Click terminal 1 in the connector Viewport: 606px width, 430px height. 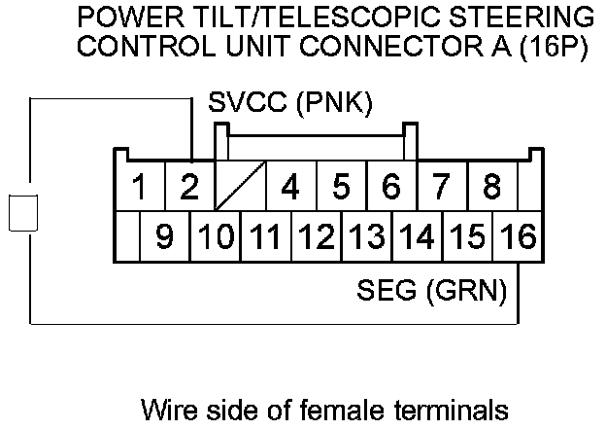click(140, 186)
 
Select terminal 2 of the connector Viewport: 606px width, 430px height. click(190, 186)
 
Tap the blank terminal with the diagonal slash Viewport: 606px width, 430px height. click(240, 186)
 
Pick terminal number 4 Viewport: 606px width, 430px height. click(289, 186)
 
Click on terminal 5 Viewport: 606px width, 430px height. click(341, 186)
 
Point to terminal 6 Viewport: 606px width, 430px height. click(391, 186)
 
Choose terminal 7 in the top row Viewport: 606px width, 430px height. click(442, 186)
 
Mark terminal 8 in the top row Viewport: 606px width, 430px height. click(492, 186)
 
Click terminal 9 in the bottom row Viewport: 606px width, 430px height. click(165, 236)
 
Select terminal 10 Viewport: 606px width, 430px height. click(215, 236)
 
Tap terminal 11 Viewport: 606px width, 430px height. click(265, 236)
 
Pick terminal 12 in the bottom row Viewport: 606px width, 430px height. click(316, 236)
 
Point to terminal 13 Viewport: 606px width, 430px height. click(366, 236)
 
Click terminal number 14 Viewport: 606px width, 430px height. click(417, 236)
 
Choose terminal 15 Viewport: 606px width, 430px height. click(467, 236)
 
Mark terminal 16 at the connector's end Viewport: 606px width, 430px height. click(518, 236)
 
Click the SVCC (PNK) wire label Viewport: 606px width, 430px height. click(290, 101)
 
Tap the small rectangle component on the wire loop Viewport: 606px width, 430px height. click(22, 213)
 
